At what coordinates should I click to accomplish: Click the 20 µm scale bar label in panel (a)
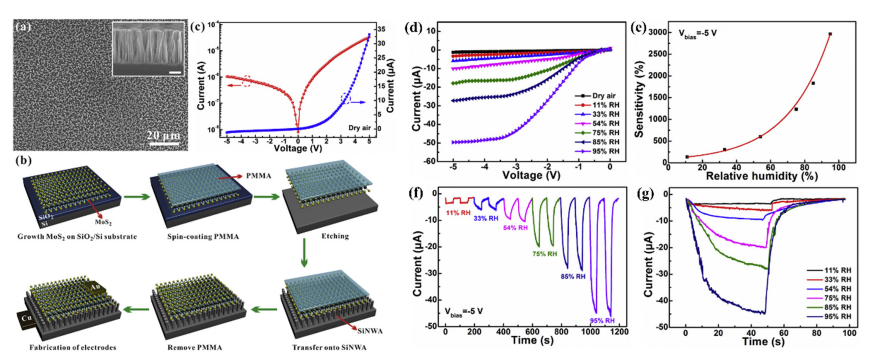click(164, 136)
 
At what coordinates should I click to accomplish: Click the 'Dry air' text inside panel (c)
click(359, 128)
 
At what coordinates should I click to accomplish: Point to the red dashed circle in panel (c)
click(247, 81)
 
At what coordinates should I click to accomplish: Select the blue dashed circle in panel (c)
click(346, 98)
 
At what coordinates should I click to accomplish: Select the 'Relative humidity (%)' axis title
click(761, 176)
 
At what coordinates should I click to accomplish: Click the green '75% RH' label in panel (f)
click(545, 254)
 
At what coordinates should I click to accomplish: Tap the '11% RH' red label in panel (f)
click(458, 213)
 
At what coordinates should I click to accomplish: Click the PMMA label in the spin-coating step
click(258, 176)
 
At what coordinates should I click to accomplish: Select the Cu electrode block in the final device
click(26, 319)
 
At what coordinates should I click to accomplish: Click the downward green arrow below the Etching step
click(304, 253)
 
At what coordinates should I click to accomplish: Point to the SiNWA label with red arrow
click(370, 331)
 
